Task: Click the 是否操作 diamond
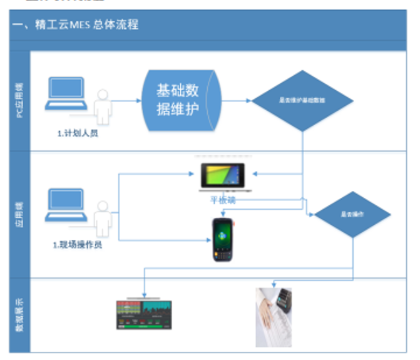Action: point(352,214)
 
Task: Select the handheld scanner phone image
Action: point(223,240)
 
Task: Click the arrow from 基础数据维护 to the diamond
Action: point(237,100)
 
